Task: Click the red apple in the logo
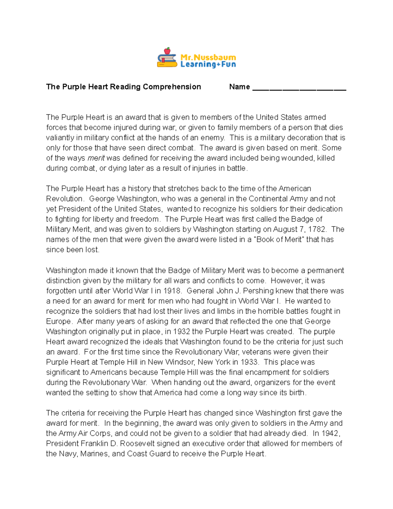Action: point(167,51)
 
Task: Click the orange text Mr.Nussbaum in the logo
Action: point(208,57)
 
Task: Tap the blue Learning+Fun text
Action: point(208,65)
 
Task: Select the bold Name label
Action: point(239,87)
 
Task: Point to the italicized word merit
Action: point(96,158)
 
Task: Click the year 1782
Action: point(317,229)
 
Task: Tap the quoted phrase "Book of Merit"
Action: point(279,240)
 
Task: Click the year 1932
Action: point(181,332)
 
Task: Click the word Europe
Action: point(59,322)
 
